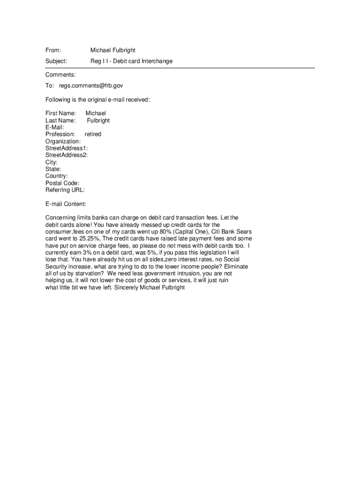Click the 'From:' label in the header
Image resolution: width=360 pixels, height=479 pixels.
click(x=53, y=50)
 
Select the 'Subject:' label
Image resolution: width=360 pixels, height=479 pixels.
click(x=56, y=61)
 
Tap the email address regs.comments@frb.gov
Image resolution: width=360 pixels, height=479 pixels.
click(x=91, y=86)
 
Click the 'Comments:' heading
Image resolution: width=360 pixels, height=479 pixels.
click(x=60, y=75)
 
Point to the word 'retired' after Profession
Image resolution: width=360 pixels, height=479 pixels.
click(x=93, y=134)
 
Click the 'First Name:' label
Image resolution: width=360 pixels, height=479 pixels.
click(x=60, y=113)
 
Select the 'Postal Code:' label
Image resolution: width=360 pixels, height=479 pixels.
click(x=62, y=183)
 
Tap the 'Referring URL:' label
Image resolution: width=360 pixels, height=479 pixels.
click(x=65, y=190)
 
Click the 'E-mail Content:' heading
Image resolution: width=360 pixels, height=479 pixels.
click(x=65, y=204)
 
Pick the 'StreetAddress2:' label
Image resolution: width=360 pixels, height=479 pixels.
click(x=66, y=155)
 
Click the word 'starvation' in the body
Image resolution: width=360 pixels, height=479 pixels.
click(x=92, y=273)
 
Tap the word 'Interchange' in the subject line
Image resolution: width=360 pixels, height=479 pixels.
click(x=157, y=61)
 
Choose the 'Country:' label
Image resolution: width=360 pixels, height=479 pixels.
click(x=57, y=176)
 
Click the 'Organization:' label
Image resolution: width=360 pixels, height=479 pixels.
click(x=63, y=141)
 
